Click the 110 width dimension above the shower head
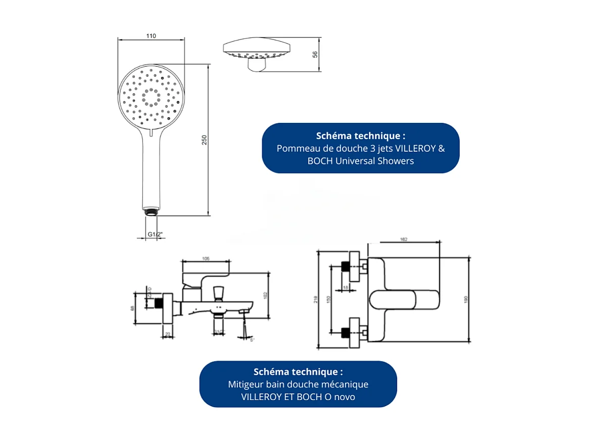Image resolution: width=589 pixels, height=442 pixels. (x=151, y=36)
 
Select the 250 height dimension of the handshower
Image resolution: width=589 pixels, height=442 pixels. (x=205, y=140)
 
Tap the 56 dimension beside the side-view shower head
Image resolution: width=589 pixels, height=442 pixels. (x=315, y=55)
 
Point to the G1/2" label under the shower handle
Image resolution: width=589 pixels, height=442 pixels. (x=155, y=234)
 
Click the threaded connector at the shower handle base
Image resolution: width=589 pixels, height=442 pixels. (x=151, y=211)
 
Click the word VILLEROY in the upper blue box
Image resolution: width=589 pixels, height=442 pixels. (x=413, y=149)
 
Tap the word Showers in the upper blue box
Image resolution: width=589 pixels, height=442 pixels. (x=397, y=161)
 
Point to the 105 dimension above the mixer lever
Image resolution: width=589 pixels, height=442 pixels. (x=206, y=259)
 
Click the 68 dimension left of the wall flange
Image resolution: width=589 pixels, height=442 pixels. (x=133, y=308)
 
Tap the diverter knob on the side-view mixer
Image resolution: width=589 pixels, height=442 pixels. (x=219, y=292)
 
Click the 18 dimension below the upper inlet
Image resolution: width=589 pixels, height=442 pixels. (x=346, y=287)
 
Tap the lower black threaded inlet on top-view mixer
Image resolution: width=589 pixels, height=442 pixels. (x=346, y=332)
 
